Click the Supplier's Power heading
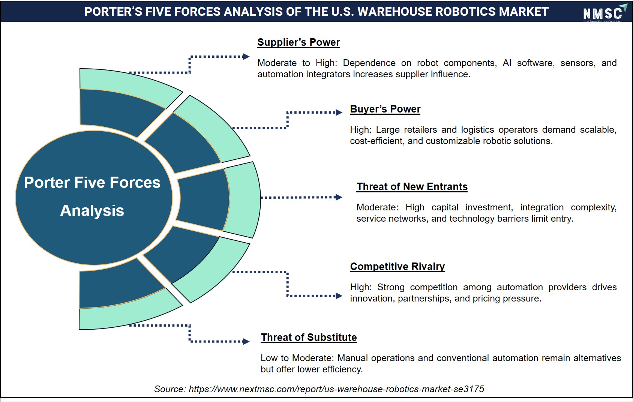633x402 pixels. tap(298, 42)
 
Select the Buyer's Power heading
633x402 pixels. tap(385, 109)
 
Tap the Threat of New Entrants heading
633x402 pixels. tap(412, 187)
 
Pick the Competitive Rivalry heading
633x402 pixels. tap(397, 267)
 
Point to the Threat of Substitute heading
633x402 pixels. tap(309, 337)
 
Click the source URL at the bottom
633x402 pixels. tap(336, 389)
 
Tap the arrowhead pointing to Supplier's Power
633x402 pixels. tap(246, 57)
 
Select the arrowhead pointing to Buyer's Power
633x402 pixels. tap(339, 112)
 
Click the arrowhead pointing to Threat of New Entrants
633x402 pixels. tap(339, 197)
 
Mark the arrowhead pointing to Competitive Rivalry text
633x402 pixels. tap(339, 296)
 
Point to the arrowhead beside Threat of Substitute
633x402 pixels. tap(246, 342)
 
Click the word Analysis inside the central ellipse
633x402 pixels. tap(92, 211)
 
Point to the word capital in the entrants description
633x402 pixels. tap(445, 208)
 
